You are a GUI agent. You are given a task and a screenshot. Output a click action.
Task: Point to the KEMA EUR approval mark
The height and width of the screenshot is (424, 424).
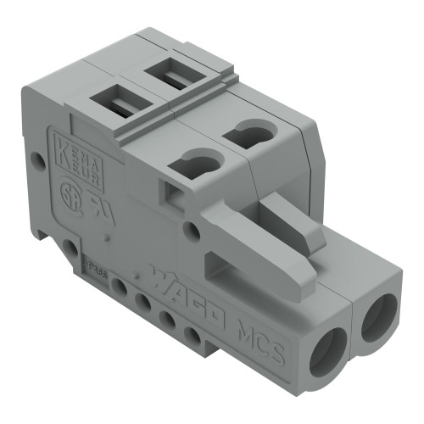click(x=70, y=150)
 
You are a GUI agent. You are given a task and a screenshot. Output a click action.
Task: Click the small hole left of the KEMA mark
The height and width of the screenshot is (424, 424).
click(x=36, y=159)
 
